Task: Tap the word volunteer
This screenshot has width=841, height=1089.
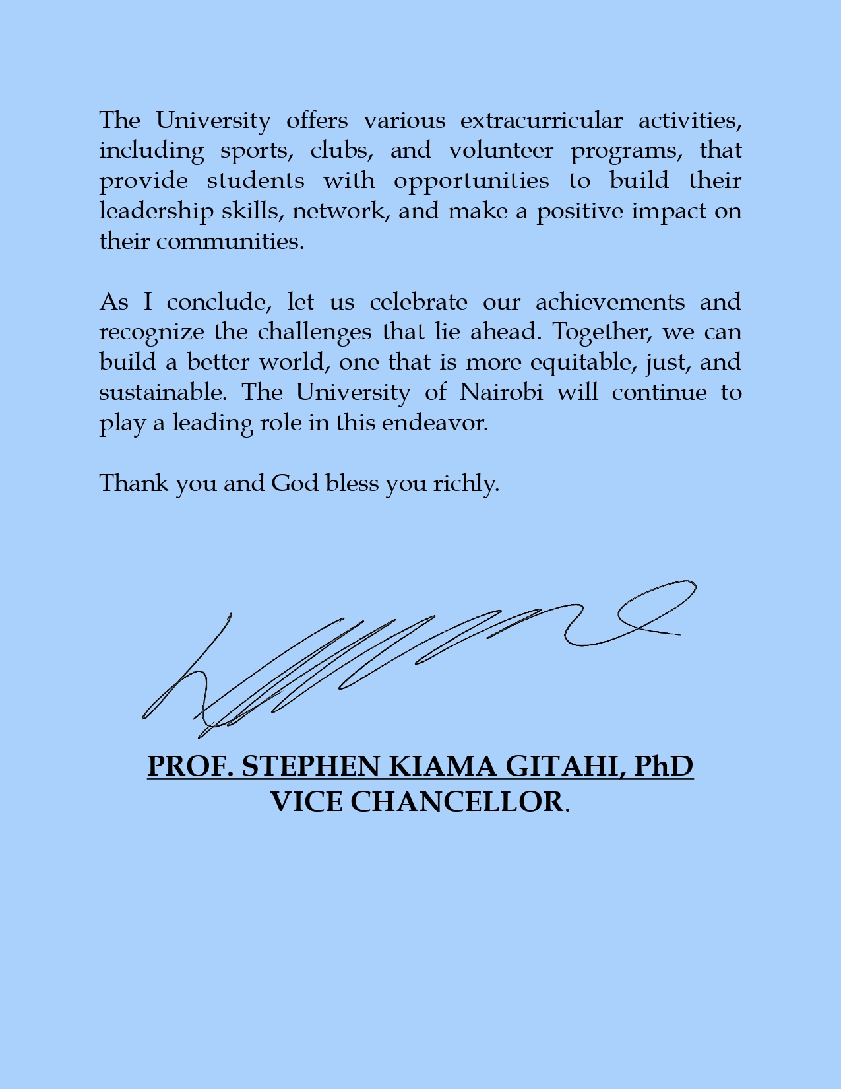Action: tap(501, 150)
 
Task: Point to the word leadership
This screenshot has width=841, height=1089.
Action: tap(156, 211)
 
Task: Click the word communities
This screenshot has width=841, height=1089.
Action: tap(230, 242)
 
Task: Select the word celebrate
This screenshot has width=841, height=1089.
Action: tap(418, 302)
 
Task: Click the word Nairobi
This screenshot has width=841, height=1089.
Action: tap(501, 393)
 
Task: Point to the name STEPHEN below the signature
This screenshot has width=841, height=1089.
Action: tap(311, 766)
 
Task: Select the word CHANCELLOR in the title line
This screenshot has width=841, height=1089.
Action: tap(457, 802)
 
